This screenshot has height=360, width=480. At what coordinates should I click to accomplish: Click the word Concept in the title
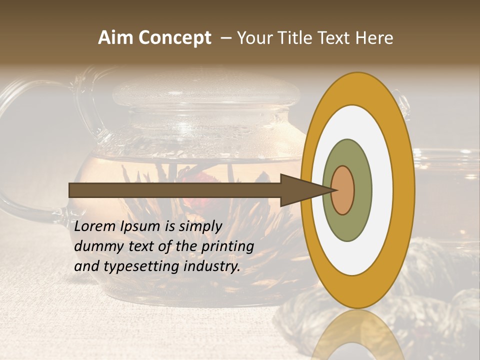175,38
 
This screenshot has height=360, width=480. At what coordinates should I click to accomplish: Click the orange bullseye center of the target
343,190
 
